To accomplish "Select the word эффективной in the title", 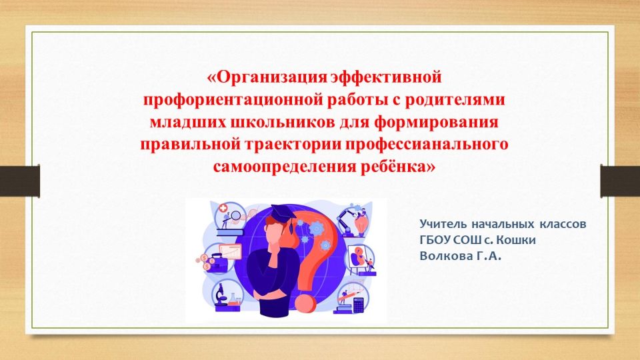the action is tap(386, 77).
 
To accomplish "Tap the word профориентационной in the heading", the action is tap(233, 99).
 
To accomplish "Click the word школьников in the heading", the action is tap(283, 122).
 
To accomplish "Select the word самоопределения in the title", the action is tap(284, 167).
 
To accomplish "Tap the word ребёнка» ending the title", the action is tap(397, 166).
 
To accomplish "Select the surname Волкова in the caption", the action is tap(444, 256).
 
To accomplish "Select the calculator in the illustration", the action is tap(359, 305).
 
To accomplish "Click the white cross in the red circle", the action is tap(223, 209).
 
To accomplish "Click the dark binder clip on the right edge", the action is tap(620, 181).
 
